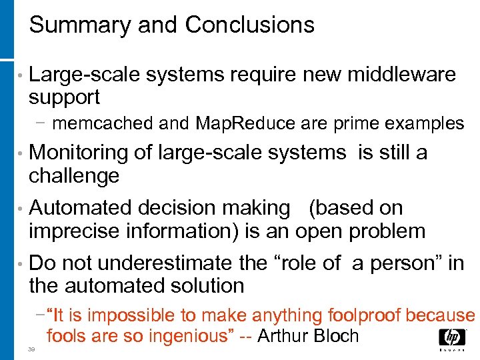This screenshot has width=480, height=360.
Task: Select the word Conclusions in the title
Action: (249, 25)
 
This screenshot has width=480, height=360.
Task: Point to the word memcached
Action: (101, 123)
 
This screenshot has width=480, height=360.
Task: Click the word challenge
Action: (74, 176)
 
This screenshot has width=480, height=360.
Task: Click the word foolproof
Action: (365, 315)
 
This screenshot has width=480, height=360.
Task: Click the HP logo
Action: (452, 340)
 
